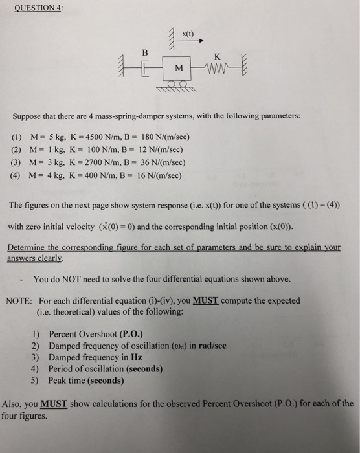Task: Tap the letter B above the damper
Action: [x=145, y=52]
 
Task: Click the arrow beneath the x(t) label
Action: [x=192, y=40]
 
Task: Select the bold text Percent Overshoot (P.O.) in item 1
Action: [x=106, y=334]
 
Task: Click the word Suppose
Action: [x=30, y=115]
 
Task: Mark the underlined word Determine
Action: [x=28, y=247]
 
